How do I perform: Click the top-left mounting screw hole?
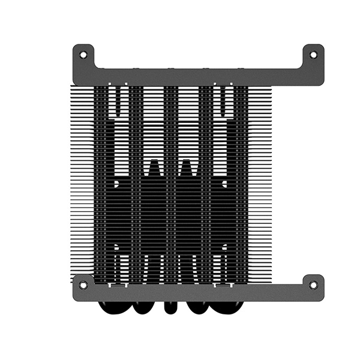[x=83, y=55]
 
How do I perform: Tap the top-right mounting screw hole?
[x=313, y=55]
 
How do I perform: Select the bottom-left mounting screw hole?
[x=83, y=284]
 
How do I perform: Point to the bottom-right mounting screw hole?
[x=313, y=284]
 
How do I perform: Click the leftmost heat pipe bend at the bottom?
[x=113, y=306]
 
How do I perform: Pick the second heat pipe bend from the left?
[x=145, y=307]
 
